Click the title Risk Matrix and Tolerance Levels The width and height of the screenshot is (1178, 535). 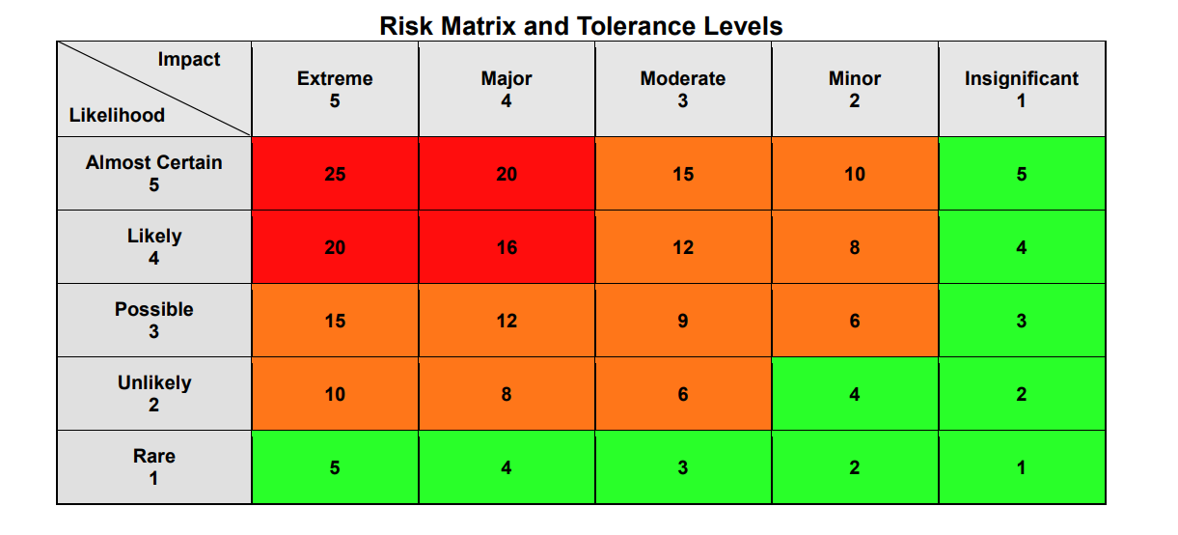[x=581, y=25]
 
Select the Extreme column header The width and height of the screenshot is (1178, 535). [x=335, y=89]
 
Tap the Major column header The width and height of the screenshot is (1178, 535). [x=507, y=89]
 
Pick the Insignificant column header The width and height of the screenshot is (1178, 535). [x=1022, y=89]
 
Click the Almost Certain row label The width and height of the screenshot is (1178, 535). [x=154, y=173]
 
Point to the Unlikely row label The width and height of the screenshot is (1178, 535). [x=154, y=393]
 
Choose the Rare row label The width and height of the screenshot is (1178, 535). [x=154, y=466]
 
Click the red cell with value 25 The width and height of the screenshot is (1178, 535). [x=335, y=174]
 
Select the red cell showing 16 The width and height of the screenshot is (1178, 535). [x=507, y=247]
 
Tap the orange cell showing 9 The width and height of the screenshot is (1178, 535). [x=683, y=321]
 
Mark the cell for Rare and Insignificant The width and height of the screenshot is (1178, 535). [x=1022, y=467]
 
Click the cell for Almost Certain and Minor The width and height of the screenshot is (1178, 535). [x=855, y=174]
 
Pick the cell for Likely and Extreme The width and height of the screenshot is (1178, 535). [x=335, y=247]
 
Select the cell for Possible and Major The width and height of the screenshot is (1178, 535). [x=507, y=321]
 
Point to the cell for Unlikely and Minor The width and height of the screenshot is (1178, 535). [x=855, y=394]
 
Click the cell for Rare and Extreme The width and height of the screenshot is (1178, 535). [x=335, y=467]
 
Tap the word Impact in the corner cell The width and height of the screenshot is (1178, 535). [x=189, y=60]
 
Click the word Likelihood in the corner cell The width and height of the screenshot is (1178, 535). [x=117, y=116]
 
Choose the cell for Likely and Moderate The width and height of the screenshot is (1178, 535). [x=683, y=247]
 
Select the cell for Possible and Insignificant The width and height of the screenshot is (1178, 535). [x=1022, y=321]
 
